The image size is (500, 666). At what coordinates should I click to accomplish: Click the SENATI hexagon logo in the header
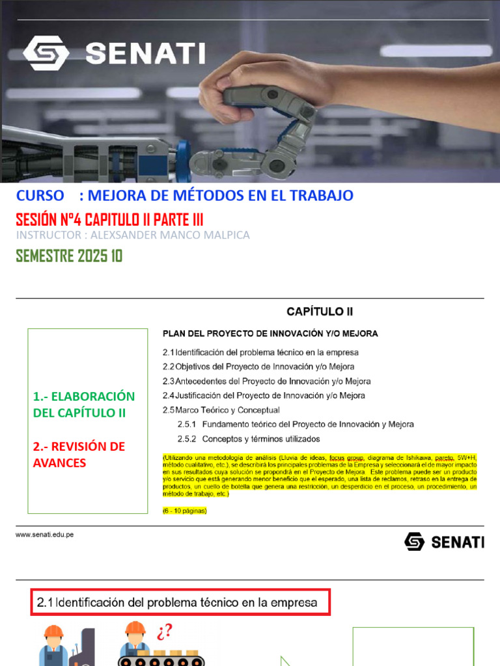coord(46,53)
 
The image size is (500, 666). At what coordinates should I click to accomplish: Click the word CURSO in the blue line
coord(40,195)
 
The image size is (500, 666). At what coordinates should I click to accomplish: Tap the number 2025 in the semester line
coord(92,256)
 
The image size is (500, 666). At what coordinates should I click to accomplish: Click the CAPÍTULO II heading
coord(320,312)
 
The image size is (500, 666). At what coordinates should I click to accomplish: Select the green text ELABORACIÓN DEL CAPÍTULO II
coord(84,405)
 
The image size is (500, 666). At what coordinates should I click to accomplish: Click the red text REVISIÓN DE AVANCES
coord(79,454)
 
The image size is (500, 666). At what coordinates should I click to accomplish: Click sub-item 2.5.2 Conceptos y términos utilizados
coord(249,438)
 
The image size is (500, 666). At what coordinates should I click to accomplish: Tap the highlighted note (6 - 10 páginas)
coord(184,511)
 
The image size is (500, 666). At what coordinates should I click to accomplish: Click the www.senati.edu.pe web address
coord(45,535)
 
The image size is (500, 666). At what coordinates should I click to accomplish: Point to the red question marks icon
coord(164,632)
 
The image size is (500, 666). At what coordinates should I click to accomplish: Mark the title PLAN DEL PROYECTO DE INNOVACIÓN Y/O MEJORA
coord(270,334)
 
